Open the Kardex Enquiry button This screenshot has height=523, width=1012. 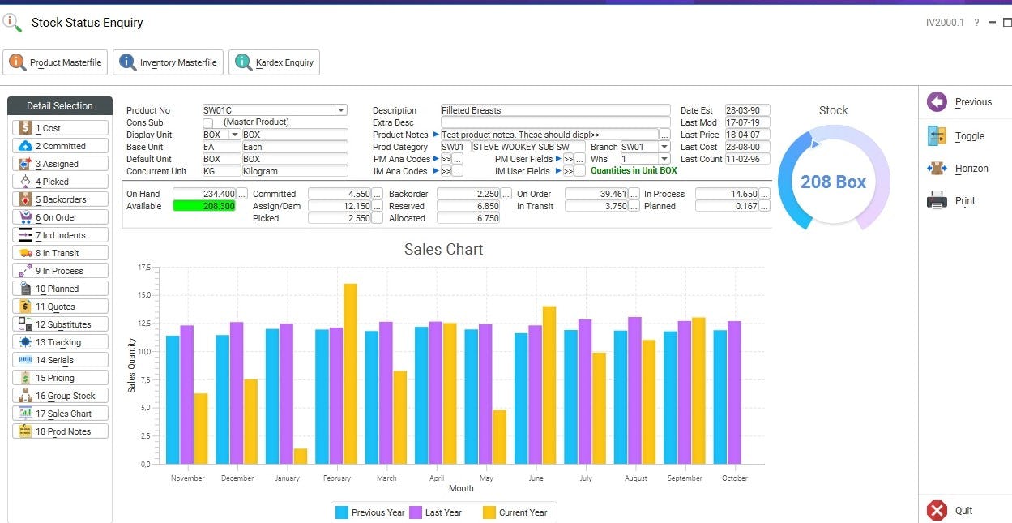[x=275, y=62]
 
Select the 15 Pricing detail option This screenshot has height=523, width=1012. [x=61, y=378]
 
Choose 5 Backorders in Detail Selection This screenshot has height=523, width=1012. [x=61, y=199]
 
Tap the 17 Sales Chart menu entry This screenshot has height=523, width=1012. [x=61, y=414]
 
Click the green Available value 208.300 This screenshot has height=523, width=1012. [x=204, y=206]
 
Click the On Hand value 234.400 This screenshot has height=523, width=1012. [x=204, y=194]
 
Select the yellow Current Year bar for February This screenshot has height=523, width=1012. [x=350, y=373]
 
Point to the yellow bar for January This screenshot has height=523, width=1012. [x=301, y=457]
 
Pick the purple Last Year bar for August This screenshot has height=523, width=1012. [x=634, y=390]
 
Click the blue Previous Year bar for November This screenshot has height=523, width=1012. [x=173, y=399]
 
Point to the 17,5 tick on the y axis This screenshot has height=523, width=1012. [x=144, y=268]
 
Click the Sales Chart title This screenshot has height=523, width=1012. [x=443, y=250]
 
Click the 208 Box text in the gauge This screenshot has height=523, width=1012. [x=833, y=182]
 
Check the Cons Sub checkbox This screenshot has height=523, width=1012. [x=208, y=122]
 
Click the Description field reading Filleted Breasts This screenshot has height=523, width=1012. [x=555, y=110]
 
